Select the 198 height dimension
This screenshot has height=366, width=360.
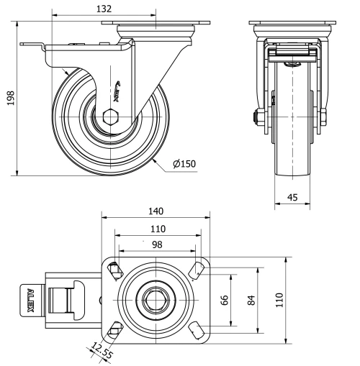10,98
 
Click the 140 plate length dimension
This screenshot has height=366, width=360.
156,211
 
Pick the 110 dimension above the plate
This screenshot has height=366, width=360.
156,229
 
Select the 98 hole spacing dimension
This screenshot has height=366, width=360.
155,244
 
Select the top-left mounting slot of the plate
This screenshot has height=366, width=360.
114,271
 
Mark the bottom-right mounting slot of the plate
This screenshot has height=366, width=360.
196,330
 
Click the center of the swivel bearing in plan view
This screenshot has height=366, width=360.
156,300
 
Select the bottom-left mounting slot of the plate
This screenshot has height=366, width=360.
114,329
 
